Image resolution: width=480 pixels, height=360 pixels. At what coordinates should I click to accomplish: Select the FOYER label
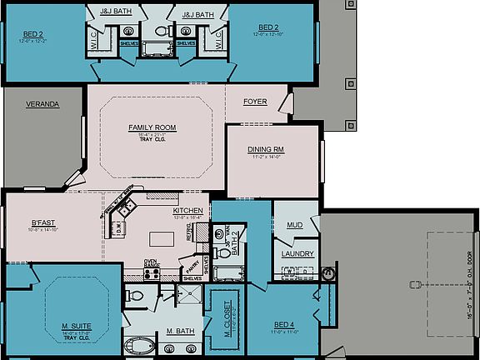pos(255,102)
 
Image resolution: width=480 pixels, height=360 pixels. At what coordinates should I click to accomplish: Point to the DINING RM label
pos(266,150)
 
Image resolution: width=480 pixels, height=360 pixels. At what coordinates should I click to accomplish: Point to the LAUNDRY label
pos(297,253)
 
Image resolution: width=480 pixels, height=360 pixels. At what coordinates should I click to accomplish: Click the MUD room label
pos(295,225)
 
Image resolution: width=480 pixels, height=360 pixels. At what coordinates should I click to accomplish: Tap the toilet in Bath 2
pos(223,252)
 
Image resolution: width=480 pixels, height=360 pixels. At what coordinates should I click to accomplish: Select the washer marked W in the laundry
pos(289,270)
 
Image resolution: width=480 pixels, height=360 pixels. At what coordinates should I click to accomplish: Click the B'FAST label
pos(43,223)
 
